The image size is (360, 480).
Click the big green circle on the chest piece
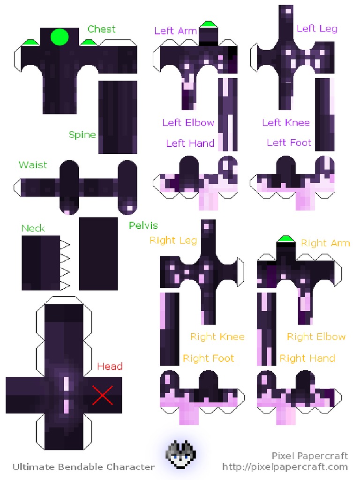click(60, 37)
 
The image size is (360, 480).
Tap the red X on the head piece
click(103, 395)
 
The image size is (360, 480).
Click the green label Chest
click(101, 29)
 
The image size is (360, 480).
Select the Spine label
click(82, 135)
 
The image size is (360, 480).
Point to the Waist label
click(33, 165)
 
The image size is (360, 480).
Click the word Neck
click(33, 228)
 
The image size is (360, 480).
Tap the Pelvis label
click(143, 225)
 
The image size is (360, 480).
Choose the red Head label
click(110, 366)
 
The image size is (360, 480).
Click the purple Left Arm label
click(176, 31)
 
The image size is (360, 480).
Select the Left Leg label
click(317, 29)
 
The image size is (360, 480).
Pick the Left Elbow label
click(188, 123)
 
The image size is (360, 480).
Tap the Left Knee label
click(286, 123)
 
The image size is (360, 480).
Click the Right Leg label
click(173, 240)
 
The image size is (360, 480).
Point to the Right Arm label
click(325, 243)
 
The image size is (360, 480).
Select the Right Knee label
click(217, 337)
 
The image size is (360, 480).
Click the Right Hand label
click(307, 359)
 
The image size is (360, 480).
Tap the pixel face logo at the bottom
click(181, 454)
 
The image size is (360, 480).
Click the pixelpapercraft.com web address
click(285, 467)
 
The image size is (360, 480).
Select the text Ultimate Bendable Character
click(83, 467)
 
